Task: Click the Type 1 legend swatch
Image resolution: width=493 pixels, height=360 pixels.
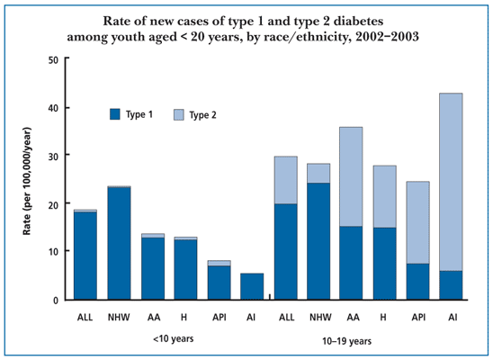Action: (115, 114)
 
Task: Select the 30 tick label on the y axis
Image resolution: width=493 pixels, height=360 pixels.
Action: (53, 156)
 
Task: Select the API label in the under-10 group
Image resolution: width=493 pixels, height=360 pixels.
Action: (220, 318)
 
